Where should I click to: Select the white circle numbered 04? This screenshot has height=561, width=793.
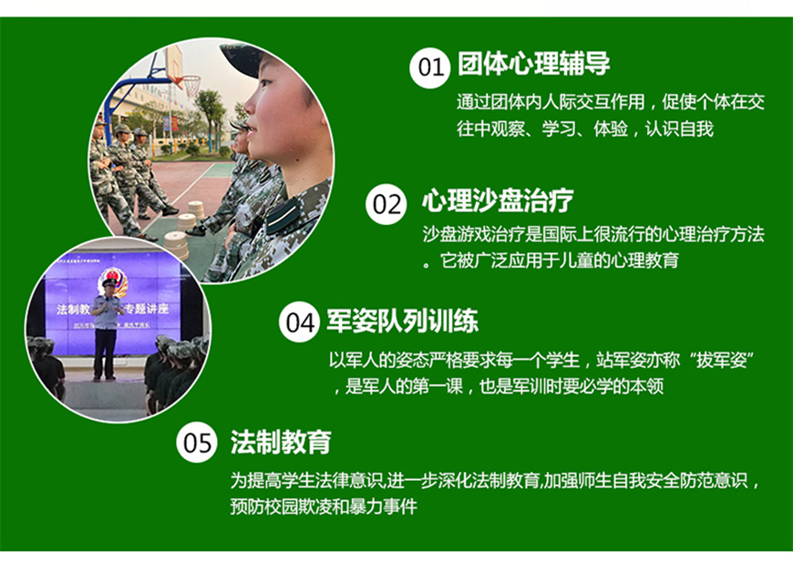pyautogui.click(x=299, y=323)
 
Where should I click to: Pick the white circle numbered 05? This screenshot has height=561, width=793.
pyautogui.click(x=198, y=444)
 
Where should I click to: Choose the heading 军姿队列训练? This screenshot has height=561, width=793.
pyautogui.click(x=401, y=321)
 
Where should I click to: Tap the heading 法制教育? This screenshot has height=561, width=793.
pyautogui.click(x=281, y=443)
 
